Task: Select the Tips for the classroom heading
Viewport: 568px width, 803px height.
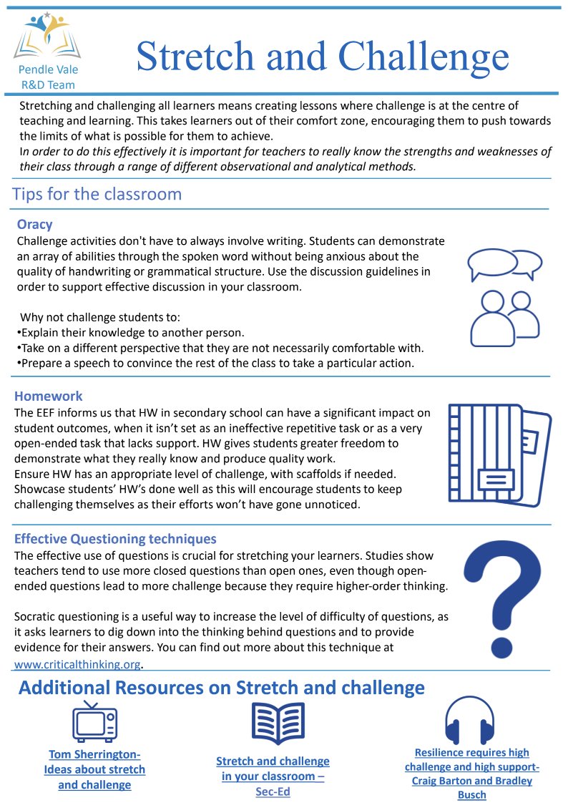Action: (97, 194)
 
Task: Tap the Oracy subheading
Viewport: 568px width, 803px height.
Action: (34, 224)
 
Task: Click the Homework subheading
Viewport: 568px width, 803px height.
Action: (49, 396)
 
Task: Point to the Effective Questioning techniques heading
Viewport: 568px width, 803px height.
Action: (115, 539)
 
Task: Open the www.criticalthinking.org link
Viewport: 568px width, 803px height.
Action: (77, 663)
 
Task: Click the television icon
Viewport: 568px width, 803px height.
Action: (94, 721)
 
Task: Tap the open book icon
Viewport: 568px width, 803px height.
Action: (278, 724)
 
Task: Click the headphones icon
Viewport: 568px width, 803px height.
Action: (469, 721)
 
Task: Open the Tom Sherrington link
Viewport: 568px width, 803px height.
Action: (94, 769)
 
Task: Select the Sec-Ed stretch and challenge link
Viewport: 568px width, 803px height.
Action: (273, 777)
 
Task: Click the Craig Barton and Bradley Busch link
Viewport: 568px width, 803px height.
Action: (471, 773)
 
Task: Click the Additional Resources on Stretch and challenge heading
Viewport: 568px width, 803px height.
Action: (221, 688)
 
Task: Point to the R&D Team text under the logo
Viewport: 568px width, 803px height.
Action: (47, 84)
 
